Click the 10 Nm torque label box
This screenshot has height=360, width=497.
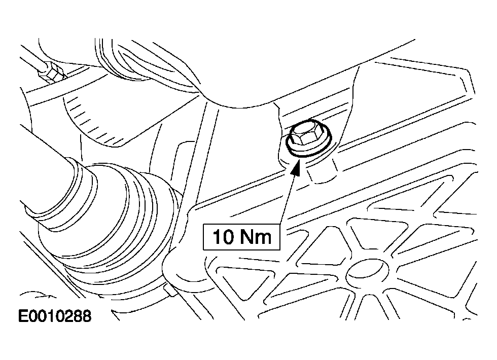(x=241, y=237)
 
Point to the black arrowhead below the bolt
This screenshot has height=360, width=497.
(x=296, y=167)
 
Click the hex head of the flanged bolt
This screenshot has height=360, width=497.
(x=302, y=134)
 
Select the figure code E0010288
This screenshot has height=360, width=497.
(x=55, y=316)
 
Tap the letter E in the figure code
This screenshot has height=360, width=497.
(x=23, y=316)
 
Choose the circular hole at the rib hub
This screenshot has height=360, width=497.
(x=367, y=273)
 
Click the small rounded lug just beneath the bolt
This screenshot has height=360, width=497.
(x=322, y=173)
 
